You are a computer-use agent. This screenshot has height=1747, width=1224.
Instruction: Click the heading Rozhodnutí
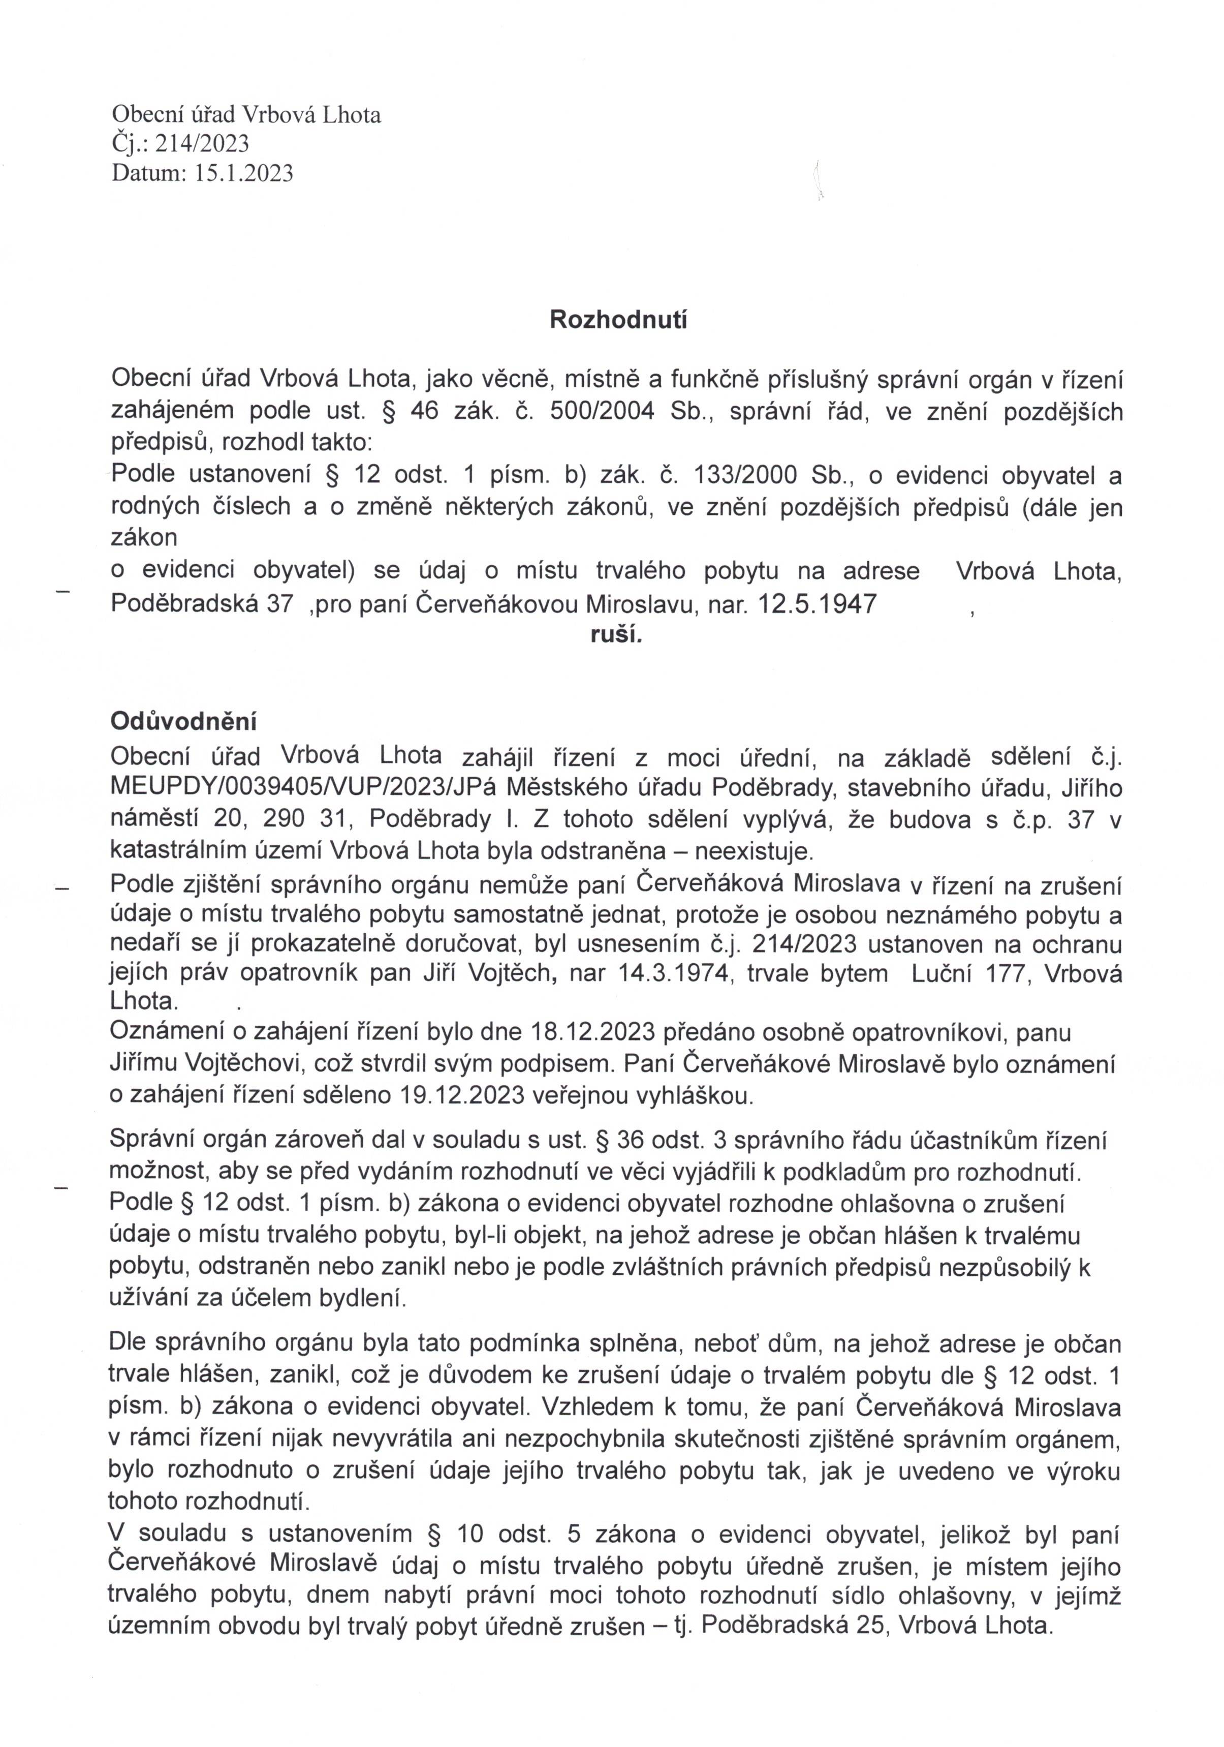(x=618, y=320)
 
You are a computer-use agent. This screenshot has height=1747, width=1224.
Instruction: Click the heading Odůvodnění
(x=183, y=720)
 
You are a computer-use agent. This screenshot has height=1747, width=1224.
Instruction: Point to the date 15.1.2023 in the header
(x=243, y=173)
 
